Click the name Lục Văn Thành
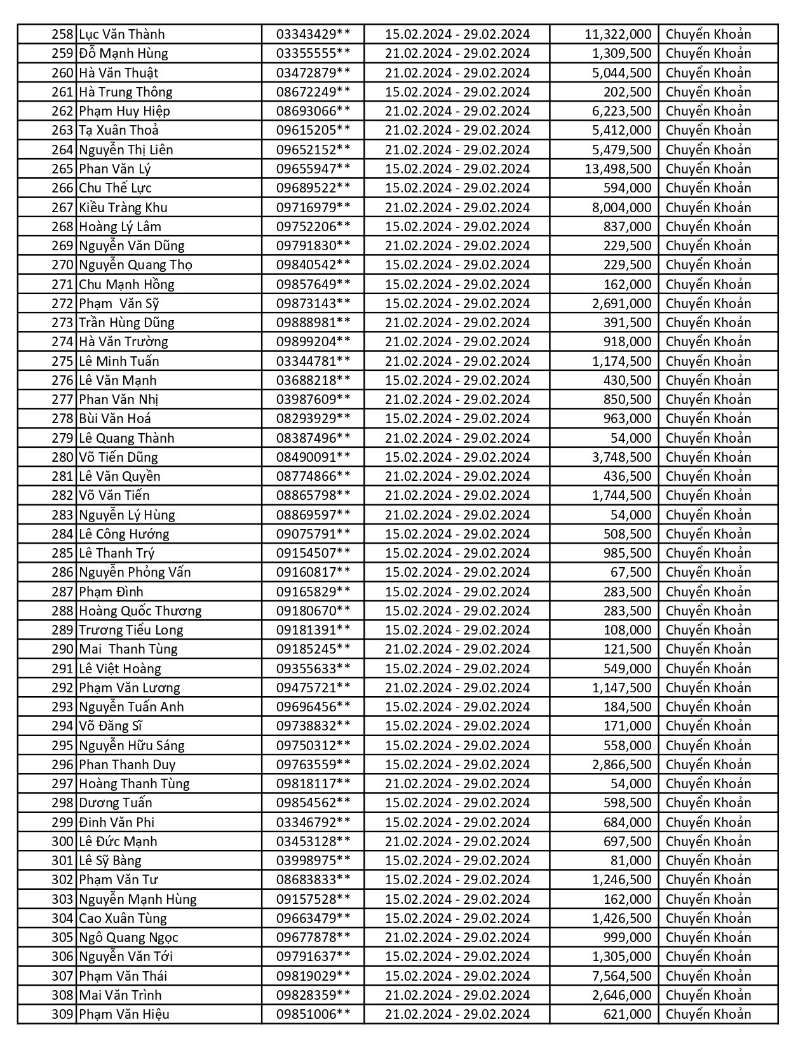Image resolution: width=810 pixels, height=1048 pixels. [x=121, y=34]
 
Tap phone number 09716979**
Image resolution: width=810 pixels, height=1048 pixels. [x=313, y=207]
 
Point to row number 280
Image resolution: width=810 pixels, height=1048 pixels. [x=63, y=457]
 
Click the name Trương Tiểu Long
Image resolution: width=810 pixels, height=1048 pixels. [x=131, y=630]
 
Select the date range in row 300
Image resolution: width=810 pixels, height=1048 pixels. [x=457, y=842]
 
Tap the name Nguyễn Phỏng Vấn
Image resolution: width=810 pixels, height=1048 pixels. [x=135, y=572]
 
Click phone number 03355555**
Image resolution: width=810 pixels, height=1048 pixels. [x=313, y=53]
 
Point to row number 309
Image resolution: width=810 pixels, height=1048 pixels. [x=63, y=1014]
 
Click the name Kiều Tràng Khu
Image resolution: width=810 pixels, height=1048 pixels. [x=123, y=207]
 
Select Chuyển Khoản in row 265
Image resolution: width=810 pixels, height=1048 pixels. [x=708, y=169]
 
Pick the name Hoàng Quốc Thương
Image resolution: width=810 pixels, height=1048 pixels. [x=140, y=611]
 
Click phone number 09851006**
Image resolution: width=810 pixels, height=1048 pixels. [x=313, y=1014]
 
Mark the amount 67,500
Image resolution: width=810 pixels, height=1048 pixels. [x=631, y=572]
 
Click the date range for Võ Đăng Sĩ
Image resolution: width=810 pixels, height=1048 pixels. [x=457, y=726]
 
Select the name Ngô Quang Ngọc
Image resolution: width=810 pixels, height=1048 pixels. [x=128, y=937]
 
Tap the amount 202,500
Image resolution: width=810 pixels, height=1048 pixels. [x=627, y=92]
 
